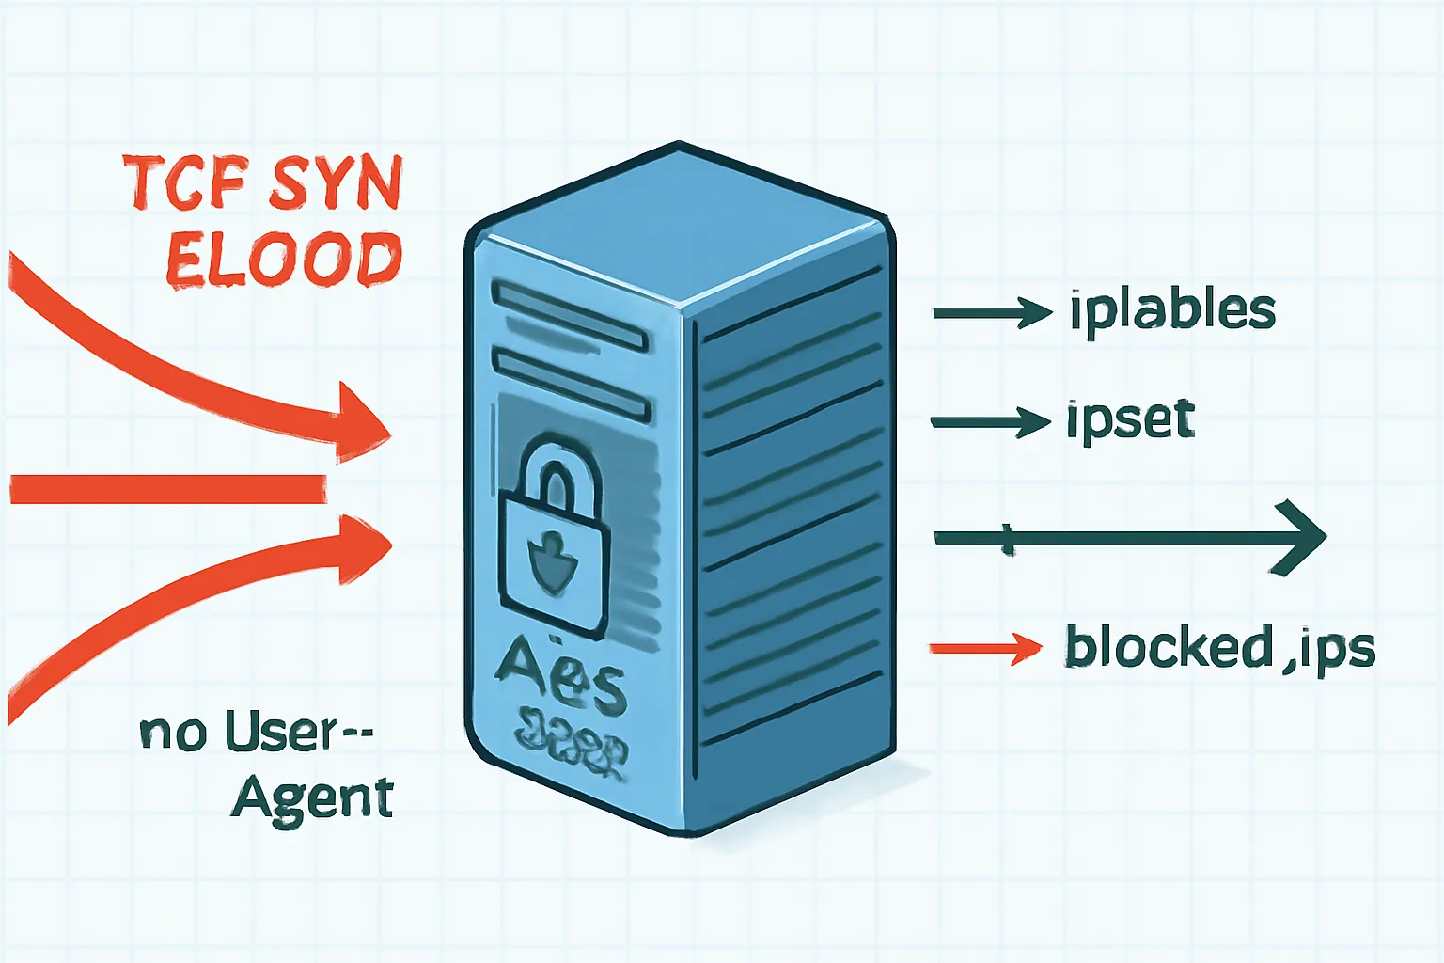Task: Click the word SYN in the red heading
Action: [336, 184]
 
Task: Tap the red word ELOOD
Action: [284, 260]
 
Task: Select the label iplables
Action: [1171, 310]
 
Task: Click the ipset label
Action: [1130, 419]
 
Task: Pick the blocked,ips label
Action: [1219, 647]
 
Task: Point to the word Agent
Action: [312, 799]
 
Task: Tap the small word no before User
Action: [173, 734]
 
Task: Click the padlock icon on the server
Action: [553, 536]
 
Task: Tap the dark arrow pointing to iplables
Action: [992, 312]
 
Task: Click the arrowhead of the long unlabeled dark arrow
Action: [1302, 537]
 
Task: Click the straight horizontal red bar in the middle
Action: [169, 489]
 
